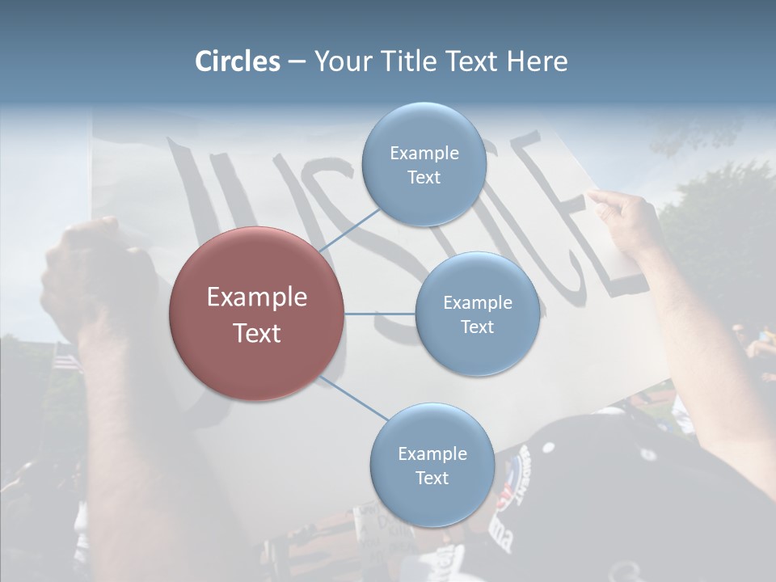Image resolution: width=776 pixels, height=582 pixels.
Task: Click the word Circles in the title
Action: click(238, 61)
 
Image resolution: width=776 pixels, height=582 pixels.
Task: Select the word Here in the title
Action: click(538, 61)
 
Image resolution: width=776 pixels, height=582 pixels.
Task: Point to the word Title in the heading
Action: click(407, 61)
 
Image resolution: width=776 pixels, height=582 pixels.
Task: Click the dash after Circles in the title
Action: click(297, 62)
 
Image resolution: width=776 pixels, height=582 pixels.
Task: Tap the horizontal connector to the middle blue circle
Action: click(380, 314)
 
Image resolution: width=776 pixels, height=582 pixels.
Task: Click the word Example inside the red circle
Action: click(257, 297)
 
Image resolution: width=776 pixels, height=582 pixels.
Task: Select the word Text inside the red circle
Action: click(257, 332)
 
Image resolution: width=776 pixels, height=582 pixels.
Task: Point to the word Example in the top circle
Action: click(424, 153)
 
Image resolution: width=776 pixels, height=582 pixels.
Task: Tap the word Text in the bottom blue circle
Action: click(432, 478)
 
